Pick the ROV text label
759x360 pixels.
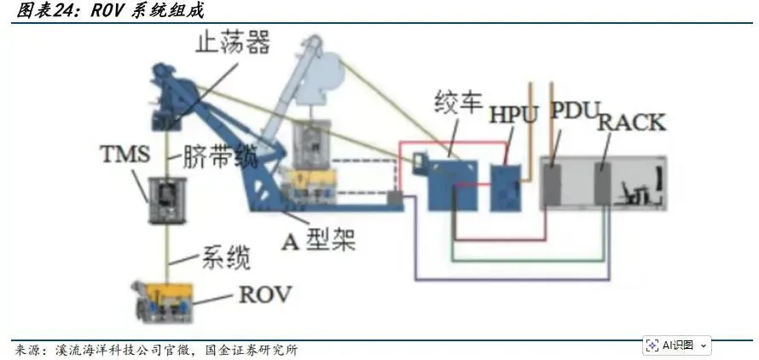pos(264,295)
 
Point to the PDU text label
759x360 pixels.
pos(572,111)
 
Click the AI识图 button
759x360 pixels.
pos(676,345)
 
